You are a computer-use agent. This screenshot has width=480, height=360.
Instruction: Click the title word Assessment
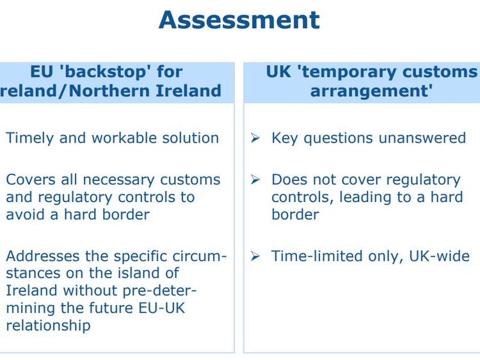coord(239,20)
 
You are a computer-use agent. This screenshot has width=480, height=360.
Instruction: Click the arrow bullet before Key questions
coord(255,139)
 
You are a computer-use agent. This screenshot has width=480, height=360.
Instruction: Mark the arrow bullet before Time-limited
coord(255,257)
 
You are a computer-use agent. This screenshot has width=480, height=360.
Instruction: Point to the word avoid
coord(24,215)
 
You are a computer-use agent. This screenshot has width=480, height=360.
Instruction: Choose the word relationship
coord(49,325)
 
